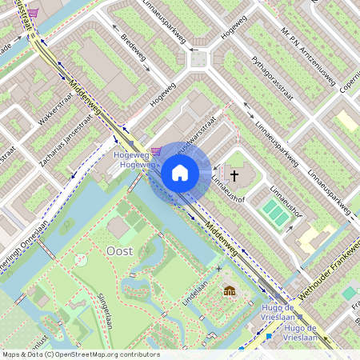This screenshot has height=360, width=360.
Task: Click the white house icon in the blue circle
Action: tap(180, 173)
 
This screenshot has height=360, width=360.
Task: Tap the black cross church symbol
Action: tap(234, 174)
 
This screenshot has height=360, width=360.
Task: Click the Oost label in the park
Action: tap(119, 250)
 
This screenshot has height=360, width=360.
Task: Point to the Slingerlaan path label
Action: tap(104, 310)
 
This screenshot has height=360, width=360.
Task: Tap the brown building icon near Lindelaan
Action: tap(230, 290)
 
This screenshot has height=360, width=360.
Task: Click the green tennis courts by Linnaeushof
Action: tap(274, 213)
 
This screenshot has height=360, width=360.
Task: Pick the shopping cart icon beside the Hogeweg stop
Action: tap(155, 150)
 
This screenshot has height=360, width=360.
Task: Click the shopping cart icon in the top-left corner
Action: tap(33, 13)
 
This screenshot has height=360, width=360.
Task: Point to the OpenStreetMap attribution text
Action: tap(80, 354)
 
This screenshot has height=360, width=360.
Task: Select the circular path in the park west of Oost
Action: tap(80, 259)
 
